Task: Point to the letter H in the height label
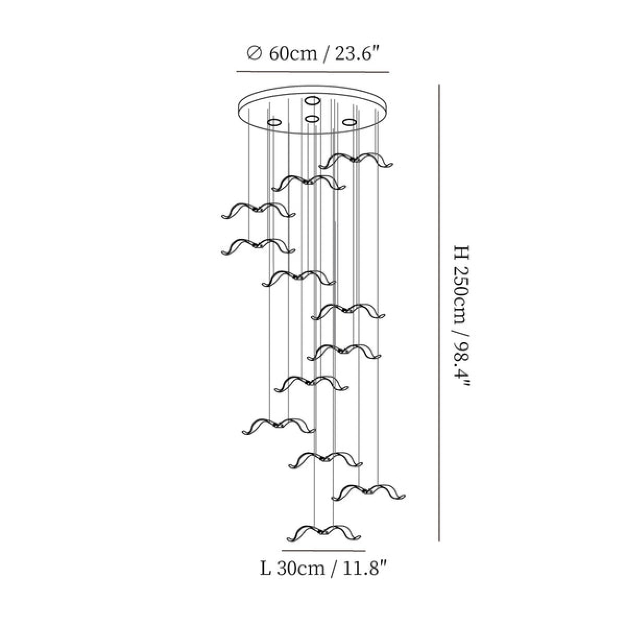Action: (x=461, y=253)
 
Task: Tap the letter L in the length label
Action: (x=265, y=569)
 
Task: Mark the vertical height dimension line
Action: (x=439, y=313)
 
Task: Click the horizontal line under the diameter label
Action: (x=312, y=71)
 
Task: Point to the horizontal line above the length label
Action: (x=323, y=551)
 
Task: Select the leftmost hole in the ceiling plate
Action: (x=274, y=123)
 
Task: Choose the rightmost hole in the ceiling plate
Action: (x=350, y=122)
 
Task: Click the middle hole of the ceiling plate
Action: (x=312, y=119)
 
